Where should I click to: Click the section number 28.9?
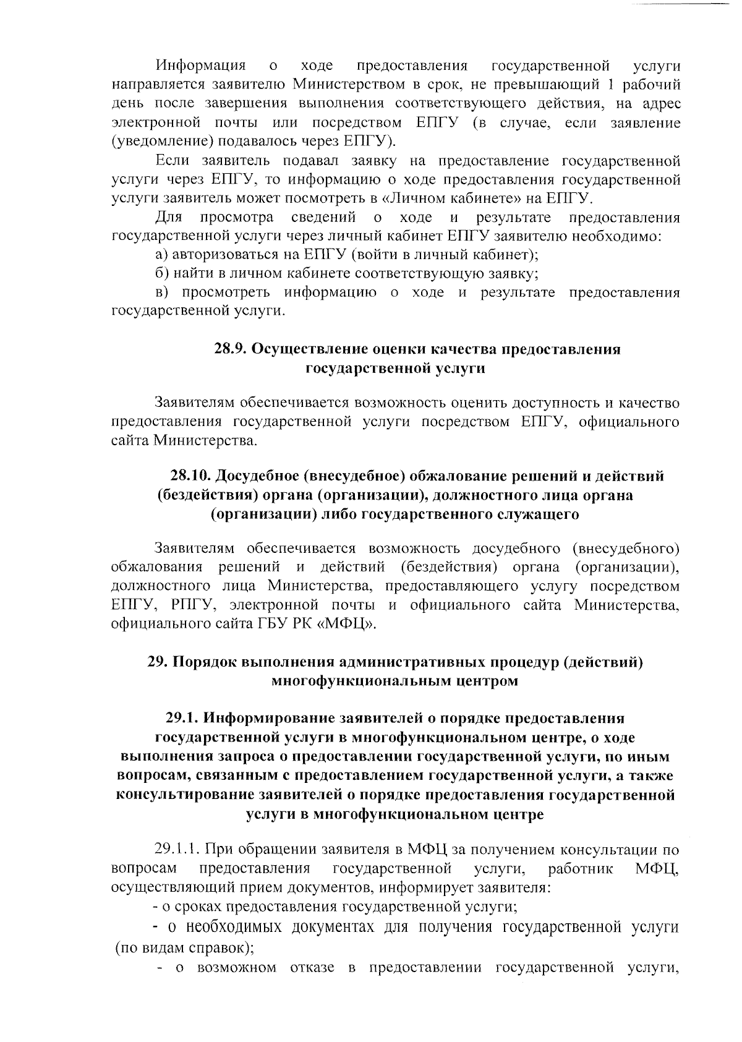231,349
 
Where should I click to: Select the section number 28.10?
190,476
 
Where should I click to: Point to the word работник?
580,869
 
